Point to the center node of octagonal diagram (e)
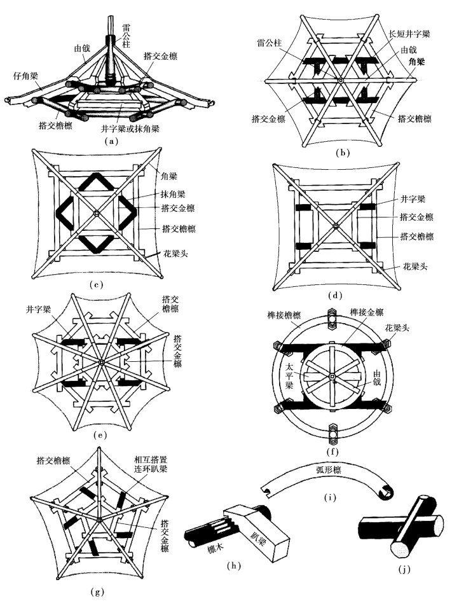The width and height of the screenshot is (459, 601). [x=100, y=363]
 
